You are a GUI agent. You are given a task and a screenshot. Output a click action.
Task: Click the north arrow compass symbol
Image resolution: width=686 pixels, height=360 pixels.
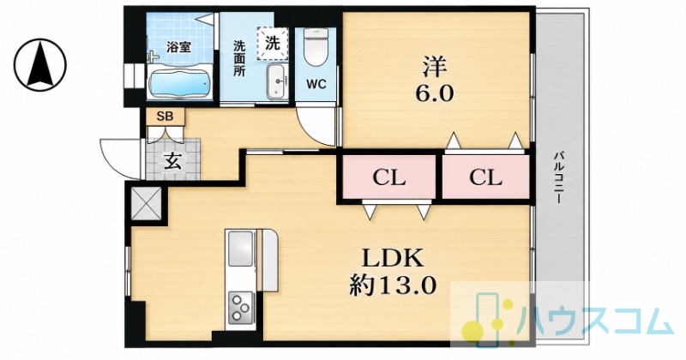click(39, 65)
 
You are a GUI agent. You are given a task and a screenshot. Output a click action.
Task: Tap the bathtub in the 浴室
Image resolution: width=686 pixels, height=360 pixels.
click(180, 84)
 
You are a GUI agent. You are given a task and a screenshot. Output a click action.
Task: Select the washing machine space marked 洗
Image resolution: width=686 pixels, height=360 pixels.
click(273, 44)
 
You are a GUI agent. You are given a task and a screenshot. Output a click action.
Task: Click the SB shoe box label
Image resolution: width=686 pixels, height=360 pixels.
click(165, 117)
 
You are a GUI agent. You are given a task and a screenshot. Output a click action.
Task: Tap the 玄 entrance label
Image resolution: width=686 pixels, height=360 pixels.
click(172, 161)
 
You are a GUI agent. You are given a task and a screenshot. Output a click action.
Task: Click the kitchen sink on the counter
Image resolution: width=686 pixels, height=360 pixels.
click(241, 249)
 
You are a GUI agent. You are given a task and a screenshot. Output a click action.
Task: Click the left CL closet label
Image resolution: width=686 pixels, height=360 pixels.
click(389, 177)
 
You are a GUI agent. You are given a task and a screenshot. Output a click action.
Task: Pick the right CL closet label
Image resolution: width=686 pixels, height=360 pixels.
click(485, 177)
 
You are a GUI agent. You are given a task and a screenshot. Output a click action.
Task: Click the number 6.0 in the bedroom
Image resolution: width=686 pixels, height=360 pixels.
click(434, 93)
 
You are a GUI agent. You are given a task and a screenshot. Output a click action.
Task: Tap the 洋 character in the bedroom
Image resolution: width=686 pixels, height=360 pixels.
click(434, 66)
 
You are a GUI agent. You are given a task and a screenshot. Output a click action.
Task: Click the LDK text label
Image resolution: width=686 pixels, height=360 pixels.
click(392, 258)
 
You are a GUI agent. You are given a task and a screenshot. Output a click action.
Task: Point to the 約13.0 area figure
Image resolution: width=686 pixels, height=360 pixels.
click(393, 286)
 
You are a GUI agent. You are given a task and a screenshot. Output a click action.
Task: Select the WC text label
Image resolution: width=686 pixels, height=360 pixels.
click(316, 84)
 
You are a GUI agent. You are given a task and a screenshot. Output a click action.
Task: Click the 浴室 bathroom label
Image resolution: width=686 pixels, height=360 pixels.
click(178, 48)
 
